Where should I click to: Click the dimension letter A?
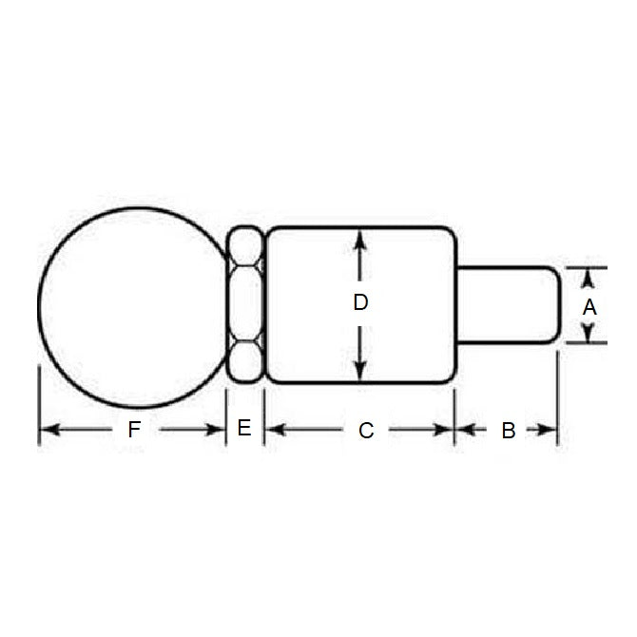[x=589, y=307]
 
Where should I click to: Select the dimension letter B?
[x=509, y=431]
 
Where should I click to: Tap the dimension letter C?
[x=366, y=431]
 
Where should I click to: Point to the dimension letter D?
[x=360, y=303]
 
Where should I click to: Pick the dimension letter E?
[x=244, y=428]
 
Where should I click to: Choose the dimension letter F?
[x=134, y=430]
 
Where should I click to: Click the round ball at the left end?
[x=131, y=304]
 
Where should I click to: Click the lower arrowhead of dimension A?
[x=589, y=335]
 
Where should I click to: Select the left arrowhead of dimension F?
[x=47, y=430]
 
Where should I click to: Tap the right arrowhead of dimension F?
[x=218, y=430]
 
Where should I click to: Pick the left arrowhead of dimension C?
[x=274, y=430]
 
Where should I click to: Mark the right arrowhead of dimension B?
[x=549, y=430]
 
